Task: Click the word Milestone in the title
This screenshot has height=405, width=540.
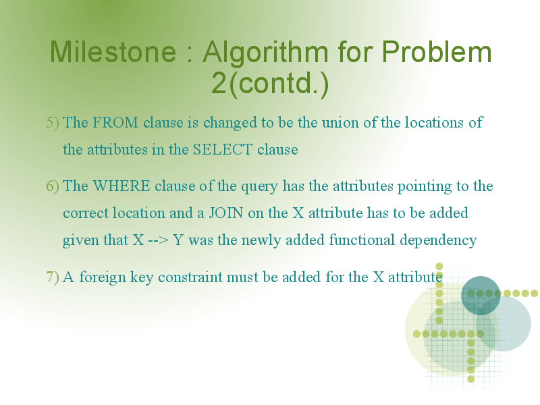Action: point(113,52)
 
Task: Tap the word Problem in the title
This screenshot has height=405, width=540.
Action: point(437,52)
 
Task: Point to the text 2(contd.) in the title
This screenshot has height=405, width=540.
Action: point(270,84)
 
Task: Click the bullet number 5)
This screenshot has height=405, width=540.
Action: point(53,123)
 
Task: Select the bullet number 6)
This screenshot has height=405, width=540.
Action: point(53,186)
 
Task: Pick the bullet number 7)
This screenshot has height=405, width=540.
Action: point(53,277)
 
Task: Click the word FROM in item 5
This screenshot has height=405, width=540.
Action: point(115,123)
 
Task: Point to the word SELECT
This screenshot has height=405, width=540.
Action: point(223,149)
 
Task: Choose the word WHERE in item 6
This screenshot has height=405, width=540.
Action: point(122,186)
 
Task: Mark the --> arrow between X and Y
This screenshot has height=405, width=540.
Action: point(159,240)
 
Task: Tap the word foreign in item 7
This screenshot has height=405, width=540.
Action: point(103,277)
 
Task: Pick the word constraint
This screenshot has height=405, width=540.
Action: point(190,277)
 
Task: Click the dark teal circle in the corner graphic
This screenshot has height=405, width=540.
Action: point(481,296)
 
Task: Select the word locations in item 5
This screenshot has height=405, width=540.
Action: point(434,123)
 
